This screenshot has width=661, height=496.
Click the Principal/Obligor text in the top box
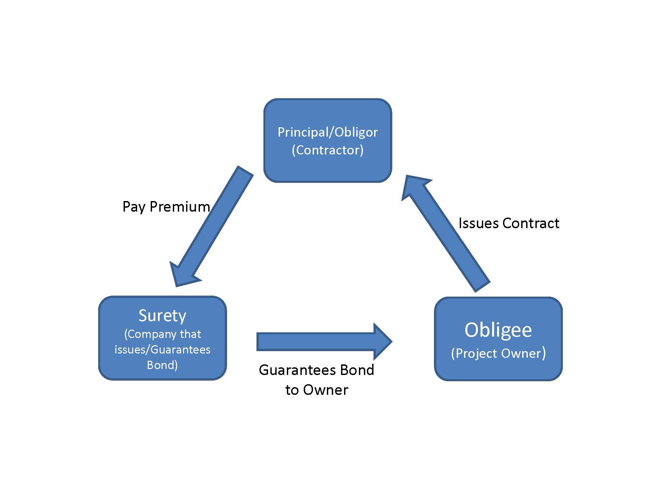coord(328,132)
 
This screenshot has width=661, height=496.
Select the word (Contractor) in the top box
coord(328,150)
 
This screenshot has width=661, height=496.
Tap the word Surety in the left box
coord(162,316)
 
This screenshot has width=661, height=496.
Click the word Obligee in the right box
coord(498,330)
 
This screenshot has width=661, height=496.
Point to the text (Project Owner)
coord(498,353)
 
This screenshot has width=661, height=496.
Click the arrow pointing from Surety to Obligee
coord(324,342)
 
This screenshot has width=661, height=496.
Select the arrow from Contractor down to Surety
coord(211,226)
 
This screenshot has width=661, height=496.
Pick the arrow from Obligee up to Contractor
coord(446,233)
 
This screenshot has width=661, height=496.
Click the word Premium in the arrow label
coord(180,207)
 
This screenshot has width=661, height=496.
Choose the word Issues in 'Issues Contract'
coord(478,223)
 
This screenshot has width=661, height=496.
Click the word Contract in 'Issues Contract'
coord(531,223)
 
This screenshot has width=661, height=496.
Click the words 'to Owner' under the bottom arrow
coord(317,390)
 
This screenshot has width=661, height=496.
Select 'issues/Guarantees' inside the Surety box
coord(162,350)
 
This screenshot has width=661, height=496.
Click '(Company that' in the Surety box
coord(162,334)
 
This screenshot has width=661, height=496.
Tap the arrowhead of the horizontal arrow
coord(383,342)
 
